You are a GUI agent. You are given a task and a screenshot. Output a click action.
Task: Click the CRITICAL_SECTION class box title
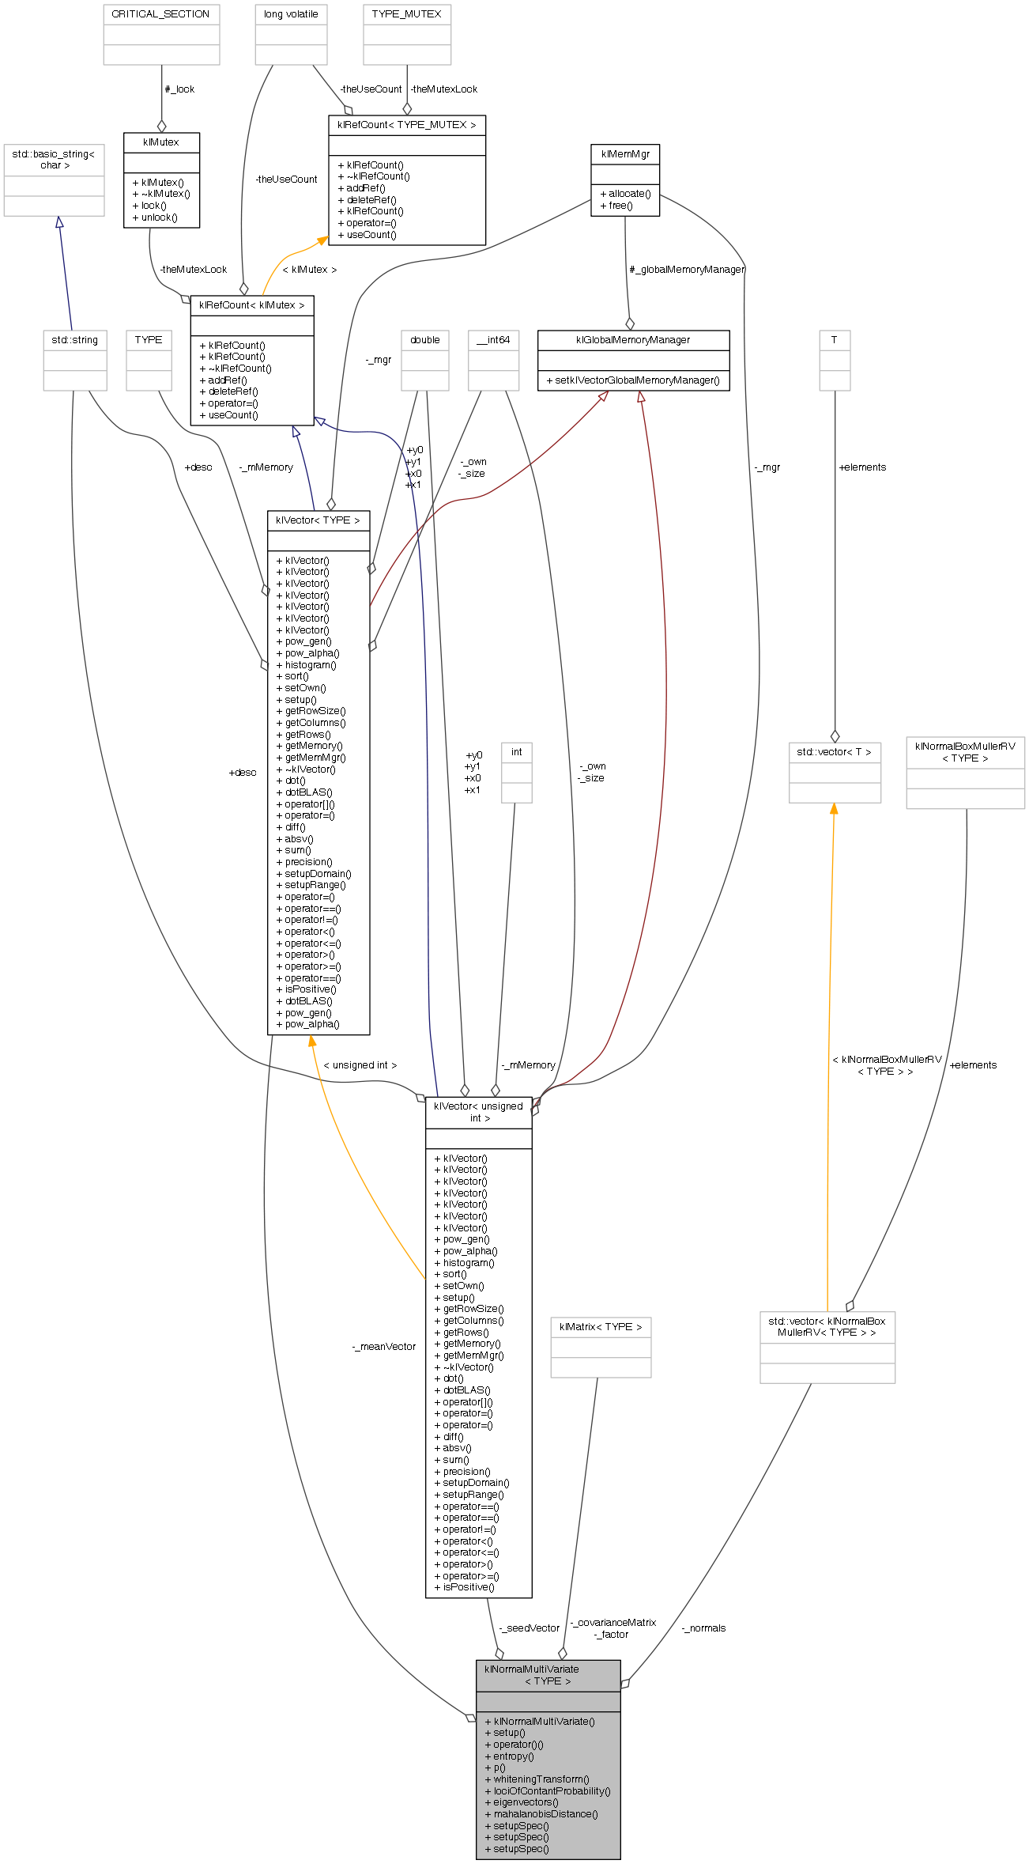pyautogui.click(x=160, y=14)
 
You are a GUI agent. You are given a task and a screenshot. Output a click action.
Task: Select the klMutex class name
pyautogui.click(x=161, y=142)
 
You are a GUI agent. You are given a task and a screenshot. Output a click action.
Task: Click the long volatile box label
pyautogui.click(x=291, y=14)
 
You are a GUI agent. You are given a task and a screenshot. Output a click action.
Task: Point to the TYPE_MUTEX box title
pyautogui.click(x=406, y=14)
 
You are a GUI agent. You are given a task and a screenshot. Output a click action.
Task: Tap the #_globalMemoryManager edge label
pyautogui.click(x=686, y=270)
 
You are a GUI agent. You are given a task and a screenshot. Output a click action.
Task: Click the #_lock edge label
pyautogui.click(x=179, y=89)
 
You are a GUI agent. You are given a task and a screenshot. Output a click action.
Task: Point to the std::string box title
pyautogui.click(x=75, y=340)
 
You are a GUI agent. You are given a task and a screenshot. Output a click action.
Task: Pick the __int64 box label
pyautogui.click(x=493, y=340)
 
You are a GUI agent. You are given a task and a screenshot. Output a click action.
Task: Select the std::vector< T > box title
pyautogui.click(x=834, y=752)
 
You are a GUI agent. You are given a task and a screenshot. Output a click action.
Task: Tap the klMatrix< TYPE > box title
pyautogui.click(x=601, y=1327)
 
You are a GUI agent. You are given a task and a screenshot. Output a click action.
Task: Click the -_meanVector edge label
pyautogui.click(x=383, y=1347)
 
